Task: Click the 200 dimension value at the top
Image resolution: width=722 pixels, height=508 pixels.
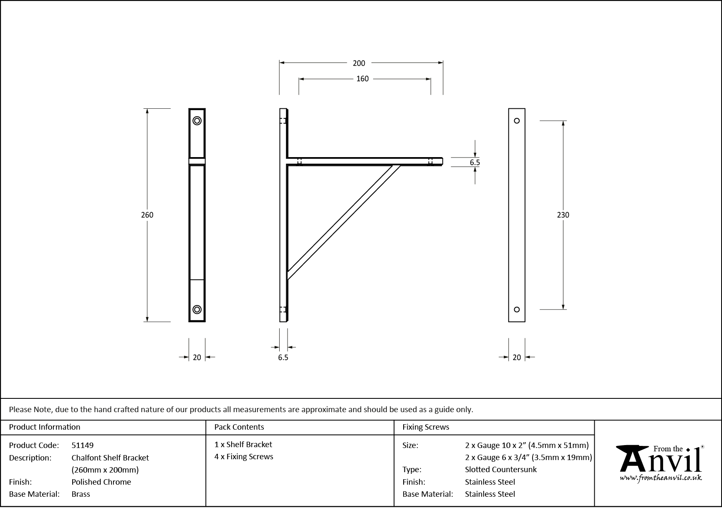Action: coord(358,63)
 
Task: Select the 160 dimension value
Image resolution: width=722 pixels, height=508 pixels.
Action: coord(362,79)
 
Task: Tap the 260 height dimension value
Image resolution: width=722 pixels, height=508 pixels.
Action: coord(147,215)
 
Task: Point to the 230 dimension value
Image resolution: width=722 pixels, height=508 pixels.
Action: coord(563,215)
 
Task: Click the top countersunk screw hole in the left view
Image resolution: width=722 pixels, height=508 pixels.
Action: coord(197,121)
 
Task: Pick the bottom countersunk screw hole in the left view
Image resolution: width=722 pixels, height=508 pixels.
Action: coord(197,309)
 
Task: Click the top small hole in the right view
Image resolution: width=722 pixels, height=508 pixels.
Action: coord(517,121)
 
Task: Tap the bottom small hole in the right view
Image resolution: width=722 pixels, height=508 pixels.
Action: coord(517,309)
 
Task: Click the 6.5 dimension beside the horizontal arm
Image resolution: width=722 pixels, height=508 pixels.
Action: coord(475,163)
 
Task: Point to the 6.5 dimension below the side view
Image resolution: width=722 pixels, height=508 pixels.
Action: coord(283,358)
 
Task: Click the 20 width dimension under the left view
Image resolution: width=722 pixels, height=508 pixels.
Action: coord(197,357)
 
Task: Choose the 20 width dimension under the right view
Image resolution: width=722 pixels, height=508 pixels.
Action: coord(517,357)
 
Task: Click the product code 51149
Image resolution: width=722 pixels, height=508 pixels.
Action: coord(83,445)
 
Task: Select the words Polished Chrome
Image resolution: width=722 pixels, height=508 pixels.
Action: coord(101,482)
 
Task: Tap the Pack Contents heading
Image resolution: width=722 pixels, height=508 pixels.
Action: coord(239,427)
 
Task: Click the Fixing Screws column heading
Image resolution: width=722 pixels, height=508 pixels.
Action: coord(426,427)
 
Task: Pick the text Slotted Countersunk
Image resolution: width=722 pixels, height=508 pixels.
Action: coord(501,469)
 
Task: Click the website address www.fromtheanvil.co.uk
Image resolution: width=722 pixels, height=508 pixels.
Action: coord(661,478)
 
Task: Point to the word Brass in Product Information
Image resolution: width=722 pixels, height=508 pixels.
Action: coord(81,494)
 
